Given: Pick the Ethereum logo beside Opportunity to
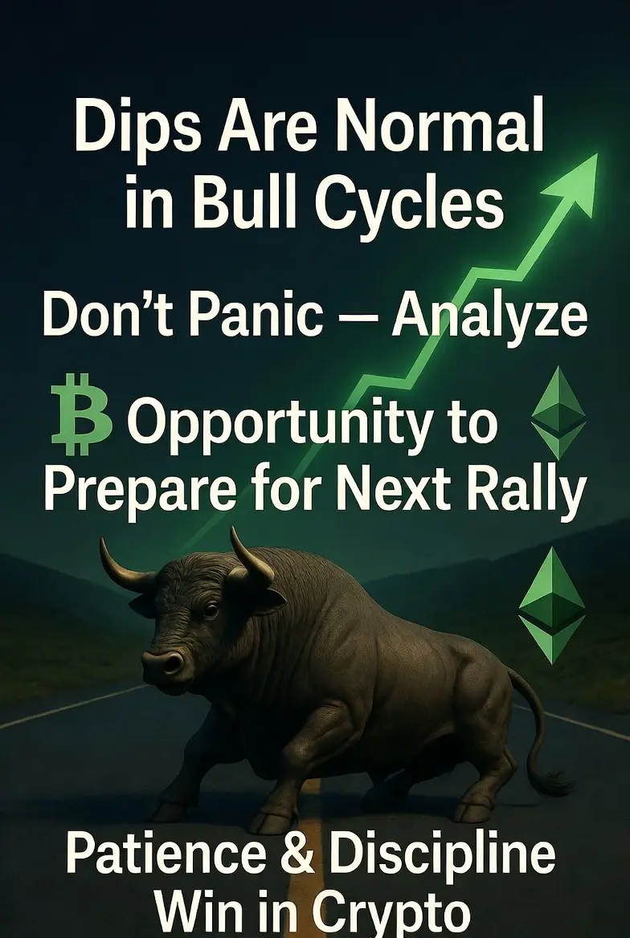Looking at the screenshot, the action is (x=558, y=412).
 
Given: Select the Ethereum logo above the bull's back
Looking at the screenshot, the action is (x=551, y=604).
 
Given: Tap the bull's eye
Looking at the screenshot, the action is (x=211, y=610).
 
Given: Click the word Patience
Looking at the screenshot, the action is (x=166, y=856).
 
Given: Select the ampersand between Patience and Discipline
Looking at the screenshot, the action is (x=297, y=856).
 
